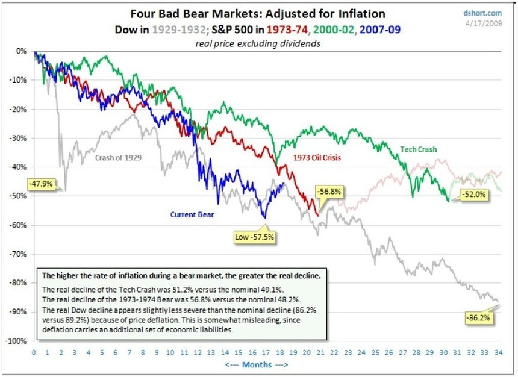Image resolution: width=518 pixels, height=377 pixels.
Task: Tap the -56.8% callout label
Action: click(330, 192)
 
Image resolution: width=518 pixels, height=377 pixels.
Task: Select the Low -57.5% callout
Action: click(254, 237)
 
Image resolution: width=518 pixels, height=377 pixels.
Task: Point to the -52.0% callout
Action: click(473, 195)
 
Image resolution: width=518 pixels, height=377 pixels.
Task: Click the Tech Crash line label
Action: click(419, 149)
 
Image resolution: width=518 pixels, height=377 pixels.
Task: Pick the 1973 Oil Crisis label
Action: click(317, 158)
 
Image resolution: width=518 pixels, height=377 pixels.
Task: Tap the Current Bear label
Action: click(192, 214)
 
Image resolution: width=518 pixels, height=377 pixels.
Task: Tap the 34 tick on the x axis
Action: click(498, 352)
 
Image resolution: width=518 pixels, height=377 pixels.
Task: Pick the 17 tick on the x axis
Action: click(265, 352)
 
